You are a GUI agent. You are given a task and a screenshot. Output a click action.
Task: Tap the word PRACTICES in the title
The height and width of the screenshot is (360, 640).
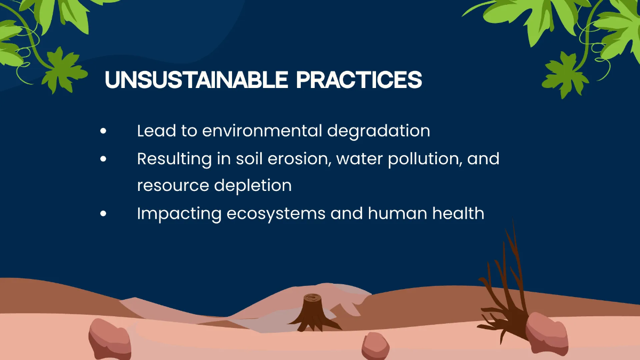pyautogui.click(x=359, y=80)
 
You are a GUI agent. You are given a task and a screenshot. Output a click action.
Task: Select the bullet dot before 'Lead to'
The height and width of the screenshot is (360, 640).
pyautogui.click(x=103, y=131)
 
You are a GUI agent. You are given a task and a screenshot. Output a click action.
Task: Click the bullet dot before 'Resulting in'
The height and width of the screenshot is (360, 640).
pyautogui.click(x=103, y=158)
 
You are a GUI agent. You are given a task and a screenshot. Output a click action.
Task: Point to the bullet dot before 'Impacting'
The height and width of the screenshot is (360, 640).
pyautogui.click(x=103, y=213)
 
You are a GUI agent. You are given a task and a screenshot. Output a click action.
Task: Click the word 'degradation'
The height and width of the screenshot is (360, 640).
pyautogui.click(x=378, y=131)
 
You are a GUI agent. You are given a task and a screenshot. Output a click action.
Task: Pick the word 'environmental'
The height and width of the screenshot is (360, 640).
pyautogui.click(x=262, y=131)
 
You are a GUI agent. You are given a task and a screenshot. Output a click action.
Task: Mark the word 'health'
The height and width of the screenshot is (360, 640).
pyautogui.click(x=459, y=213)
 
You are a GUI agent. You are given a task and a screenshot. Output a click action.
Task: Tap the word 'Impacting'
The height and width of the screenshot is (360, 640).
pyautogui.click(x=179, y=214)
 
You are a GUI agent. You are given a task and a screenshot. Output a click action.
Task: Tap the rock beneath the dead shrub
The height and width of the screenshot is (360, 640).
pyautogui.click(x=546, y=333)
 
